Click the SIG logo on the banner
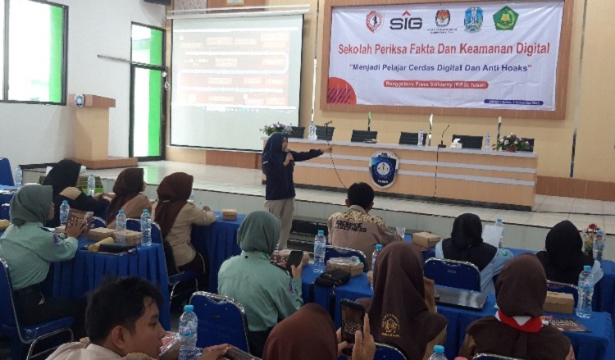pos(405,21)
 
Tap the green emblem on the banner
pos(506,19)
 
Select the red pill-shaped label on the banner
pos(434,84)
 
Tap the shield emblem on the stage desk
pos(383,169)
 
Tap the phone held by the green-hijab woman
pos(294,258)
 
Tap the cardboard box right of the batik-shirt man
pos(426,239)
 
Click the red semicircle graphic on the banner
pos(339,91)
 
